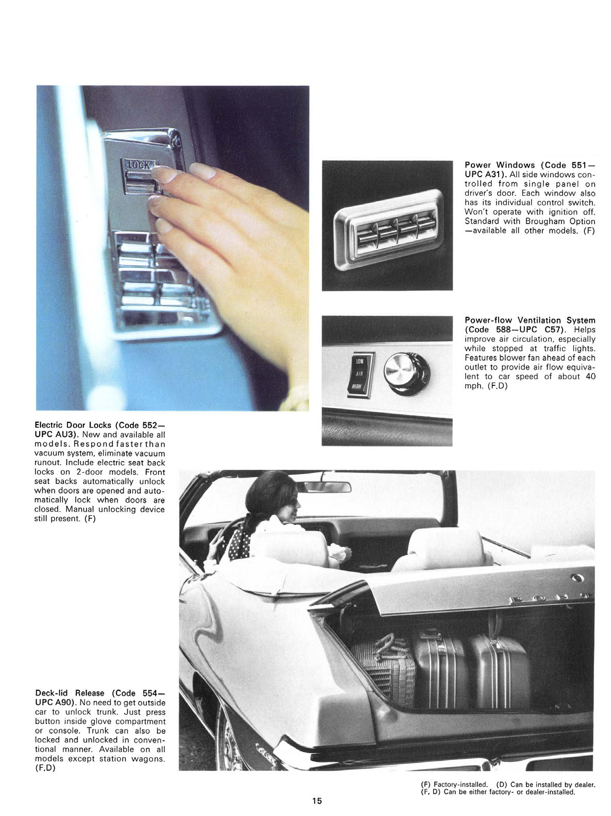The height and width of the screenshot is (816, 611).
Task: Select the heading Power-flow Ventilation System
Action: pos(530,320)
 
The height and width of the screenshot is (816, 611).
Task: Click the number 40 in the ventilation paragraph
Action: pos(590,377)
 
